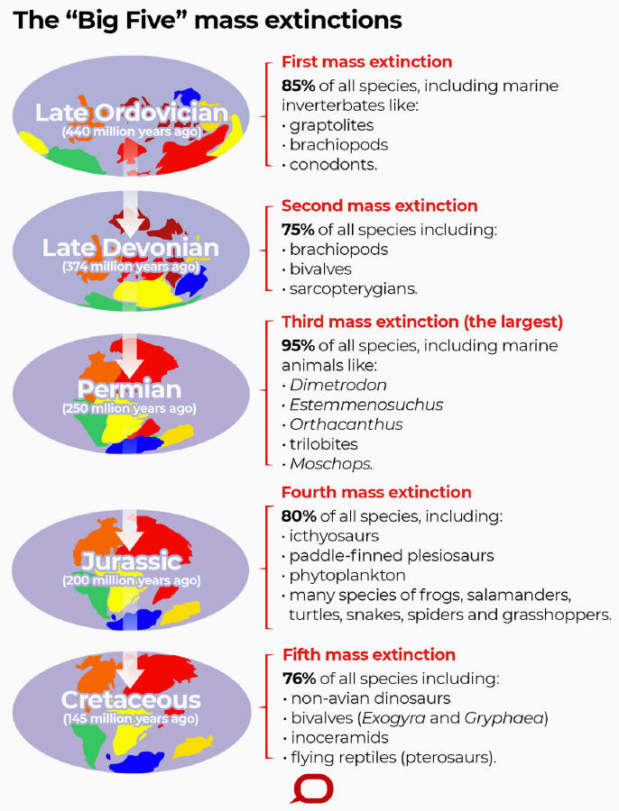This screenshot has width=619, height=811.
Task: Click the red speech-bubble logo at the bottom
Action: pos(311,788)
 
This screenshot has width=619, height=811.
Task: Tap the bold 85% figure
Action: pos(298,86)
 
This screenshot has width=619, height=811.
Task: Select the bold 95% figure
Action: pos(298,345)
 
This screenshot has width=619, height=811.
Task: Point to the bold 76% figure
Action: pos(299,678)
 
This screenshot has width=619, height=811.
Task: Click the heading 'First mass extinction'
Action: pos(366,61)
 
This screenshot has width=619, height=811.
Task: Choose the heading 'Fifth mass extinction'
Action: pos(369,654)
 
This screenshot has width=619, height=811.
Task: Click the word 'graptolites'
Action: pos(331,125)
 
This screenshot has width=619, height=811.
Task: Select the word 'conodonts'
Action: pos(332,165)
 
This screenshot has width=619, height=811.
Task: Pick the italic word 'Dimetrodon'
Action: pos(338,385)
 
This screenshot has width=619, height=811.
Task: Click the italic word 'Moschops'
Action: pos(330,463)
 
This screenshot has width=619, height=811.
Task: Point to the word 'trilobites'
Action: pos(324,443)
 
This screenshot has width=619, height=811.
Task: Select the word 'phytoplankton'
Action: pos(347,575)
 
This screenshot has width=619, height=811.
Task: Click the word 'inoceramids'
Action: pos(340,737)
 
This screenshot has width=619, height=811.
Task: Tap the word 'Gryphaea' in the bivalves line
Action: pos(504,718)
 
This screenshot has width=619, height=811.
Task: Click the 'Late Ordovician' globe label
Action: pos(132,113)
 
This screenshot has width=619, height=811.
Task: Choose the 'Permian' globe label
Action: pos(130,389)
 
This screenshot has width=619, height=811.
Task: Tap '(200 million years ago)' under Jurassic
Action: pos(131,580)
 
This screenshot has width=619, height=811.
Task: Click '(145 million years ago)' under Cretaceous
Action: pos(131,718)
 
